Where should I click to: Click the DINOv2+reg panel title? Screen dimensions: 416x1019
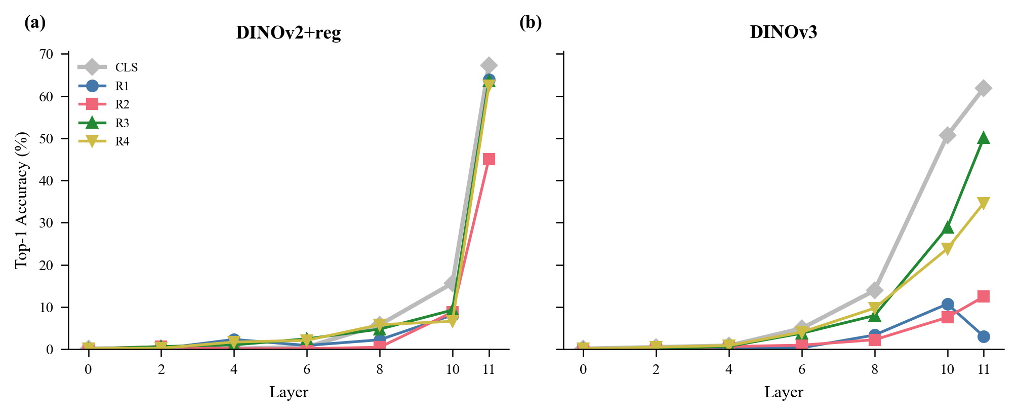coord(288,33)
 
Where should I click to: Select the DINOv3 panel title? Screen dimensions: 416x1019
coord(783,32)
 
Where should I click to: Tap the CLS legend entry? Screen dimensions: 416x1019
coord(126,67)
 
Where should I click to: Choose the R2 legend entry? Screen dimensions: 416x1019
coord(122,104)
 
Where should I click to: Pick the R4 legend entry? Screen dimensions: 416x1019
coord(122,141)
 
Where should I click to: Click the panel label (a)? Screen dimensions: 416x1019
coord(35,23)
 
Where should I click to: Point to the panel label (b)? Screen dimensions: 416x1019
coord(531,23)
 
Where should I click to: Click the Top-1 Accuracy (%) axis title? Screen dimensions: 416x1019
coord(22,200)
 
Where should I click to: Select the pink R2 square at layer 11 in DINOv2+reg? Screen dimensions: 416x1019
coord(488,159)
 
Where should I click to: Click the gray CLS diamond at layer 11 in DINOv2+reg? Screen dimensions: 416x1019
coord(488,65)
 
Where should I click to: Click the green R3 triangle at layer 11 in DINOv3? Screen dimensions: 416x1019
coord(983,138)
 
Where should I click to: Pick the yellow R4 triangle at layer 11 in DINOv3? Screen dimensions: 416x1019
coord(983,203)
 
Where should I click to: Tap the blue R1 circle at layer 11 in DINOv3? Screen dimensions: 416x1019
coord(983,336)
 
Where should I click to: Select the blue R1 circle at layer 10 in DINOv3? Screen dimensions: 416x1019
coord(947,304)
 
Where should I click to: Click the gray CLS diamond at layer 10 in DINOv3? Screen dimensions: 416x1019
coord(947,135)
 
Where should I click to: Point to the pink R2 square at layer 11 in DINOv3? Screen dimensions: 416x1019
coord(983,296)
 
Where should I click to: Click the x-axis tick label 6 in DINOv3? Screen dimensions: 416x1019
coord(801,369)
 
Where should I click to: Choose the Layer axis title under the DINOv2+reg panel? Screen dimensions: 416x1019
coord(289,392)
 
